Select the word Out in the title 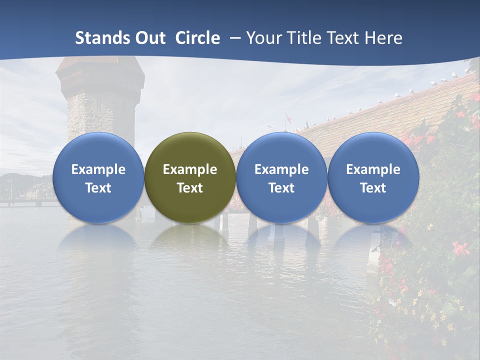149,38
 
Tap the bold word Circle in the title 197,38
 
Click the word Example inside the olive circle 190,169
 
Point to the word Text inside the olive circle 190,188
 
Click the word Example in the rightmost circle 373,169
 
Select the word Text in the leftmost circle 98,188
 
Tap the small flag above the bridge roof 288,119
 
